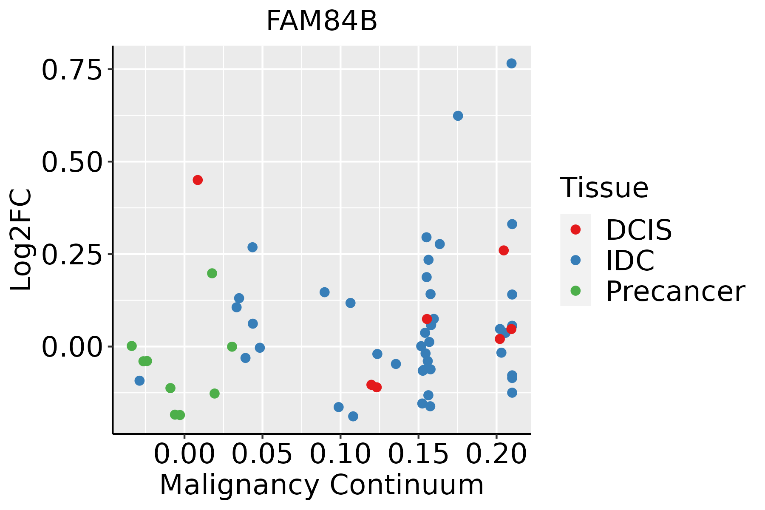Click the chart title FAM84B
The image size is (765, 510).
point(322,21)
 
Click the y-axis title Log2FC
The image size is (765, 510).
point(21,240)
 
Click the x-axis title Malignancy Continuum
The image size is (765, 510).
point(322,485)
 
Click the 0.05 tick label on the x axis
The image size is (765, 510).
point(262,454)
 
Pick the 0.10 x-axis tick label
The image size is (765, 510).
point(340,454)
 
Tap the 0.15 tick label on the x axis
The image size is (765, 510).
point(419,454)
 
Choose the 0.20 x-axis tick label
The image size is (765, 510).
point(496,454)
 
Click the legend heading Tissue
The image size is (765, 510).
point(604,187)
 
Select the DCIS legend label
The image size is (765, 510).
point(639,230)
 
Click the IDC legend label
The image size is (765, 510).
point(630,261)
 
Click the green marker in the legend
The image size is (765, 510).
point(575,291)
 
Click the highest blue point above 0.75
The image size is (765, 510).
point(512,63)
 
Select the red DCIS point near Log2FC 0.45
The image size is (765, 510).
point(198,180)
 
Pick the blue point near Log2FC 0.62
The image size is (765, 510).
point(458,116)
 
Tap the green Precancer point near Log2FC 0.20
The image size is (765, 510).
point(212,273)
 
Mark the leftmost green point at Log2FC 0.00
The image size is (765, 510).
point(132,346)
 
